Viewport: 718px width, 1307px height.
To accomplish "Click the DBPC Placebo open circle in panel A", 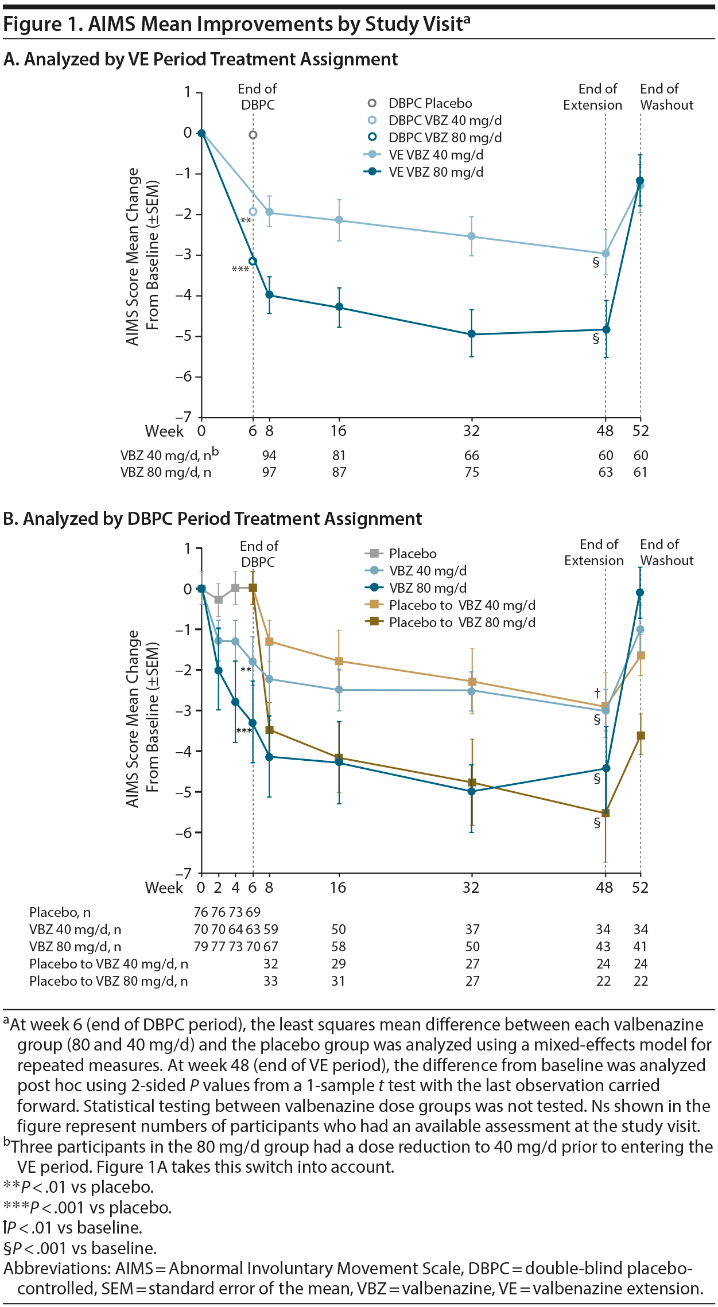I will (253, 135).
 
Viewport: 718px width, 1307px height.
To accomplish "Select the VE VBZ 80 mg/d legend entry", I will (436, 172).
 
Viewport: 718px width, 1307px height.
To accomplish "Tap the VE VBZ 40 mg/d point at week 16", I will (339, 220).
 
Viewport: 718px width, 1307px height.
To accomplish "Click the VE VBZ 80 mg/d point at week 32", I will (472, 334).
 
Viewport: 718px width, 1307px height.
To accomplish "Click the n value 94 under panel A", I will (269, 456).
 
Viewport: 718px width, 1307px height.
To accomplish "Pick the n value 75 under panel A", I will (472, 472).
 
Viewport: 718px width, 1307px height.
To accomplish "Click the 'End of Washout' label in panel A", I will (666, 97).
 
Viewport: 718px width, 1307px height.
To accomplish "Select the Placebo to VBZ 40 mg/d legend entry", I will (461, 605).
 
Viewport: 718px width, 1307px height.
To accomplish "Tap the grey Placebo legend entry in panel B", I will (412, 554).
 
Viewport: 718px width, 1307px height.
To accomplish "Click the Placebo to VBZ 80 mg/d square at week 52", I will (641, 736).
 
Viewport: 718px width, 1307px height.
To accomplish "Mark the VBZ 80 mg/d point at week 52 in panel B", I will (641, 593).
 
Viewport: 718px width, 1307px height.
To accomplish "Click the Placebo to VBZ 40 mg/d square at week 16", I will (339, 662).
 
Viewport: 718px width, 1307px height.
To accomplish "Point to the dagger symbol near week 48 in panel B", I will (597, 693).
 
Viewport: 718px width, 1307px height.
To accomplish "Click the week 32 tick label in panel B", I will (471, 888).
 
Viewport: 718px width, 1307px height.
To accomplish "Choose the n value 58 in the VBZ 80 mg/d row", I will (339, 947).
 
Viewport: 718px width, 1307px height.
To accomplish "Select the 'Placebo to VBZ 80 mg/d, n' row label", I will (108, 981).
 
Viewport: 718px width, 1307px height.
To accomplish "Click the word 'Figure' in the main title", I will (33, 24).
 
